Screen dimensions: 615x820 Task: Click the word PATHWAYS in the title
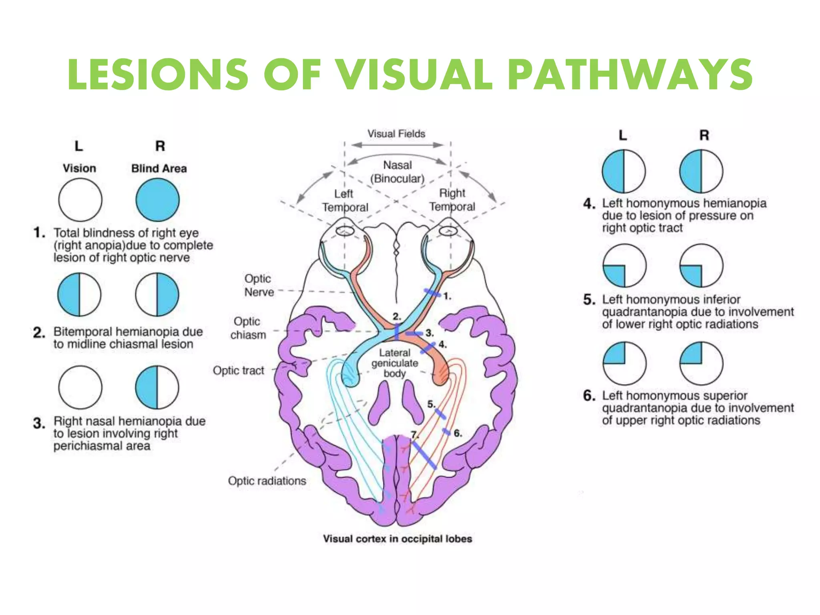(631, 75)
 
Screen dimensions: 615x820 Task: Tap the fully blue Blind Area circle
(157, 200)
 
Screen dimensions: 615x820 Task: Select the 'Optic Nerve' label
(259, 285)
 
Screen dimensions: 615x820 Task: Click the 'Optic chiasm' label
(248, 328)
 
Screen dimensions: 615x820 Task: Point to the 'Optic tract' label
(238, 370)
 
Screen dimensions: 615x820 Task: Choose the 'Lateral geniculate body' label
(394, 363)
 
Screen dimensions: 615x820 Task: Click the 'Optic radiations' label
(267, 480)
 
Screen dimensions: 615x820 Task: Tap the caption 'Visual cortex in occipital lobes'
(397, 539)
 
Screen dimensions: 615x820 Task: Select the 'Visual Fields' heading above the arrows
(396, 134)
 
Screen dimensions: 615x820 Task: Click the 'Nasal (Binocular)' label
(397, 172)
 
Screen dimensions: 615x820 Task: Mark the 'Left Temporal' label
(345, 201)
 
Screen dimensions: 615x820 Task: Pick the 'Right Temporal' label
(452, 200)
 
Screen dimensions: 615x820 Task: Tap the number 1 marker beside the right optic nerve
(447, 296)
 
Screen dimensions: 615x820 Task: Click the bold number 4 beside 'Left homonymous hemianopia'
(589, 203)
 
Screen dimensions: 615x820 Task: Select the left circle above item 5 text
(624, 265)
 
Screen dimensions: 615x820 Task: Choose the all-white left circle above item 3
(80, 387)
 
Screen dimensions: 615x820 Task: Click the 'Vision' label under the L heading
(79, 168)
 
